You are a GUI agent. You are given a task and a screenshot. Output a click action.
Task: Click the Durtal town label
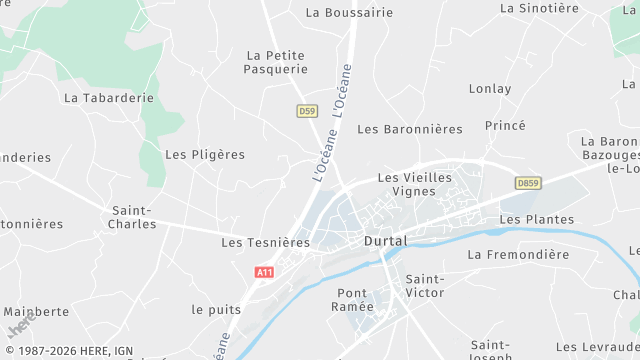tap(385, 242)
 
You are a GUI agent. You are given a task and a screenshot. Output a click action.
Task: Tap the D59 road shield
tap(307, 111)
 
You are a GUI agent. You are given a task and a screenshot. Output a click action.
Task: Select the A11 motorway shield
tap(264, 272)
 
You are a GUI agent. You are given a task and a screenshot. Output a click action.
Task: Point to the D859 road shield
tap(528, 183)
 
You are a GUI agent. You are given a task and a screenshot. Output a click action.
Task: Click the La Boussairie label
tap(349, 13)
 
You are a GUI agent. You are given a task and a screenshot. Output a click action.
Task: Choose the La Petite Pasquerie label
tap(276, 62)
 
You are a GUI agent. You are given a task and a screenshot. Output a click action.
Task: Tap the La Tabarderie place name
tap(109, 98)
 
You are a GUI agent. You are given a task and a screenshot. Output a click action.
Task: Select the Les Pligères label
tap(205, 155)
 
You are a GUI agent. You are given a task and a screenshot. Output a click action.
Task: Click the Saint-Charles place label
tap(133, 217)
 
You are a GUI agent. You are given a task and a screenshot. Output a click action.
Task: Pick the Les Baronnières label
tap(410, 129)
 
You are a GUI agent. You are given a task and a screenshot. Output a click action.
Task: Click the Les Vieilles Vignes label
tap(415, 184)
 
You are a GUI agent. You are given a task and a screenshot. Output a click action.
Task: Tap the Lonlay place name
tap(489, 88)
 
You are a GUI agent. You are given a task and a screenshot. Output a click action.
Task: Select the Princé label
tap(505, 125)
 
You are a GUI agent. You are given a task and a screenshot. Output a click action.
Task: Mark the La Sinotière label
tap(539, 8)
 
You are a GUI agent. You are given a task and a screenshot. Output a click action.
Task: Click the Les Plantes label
tap(537, 219)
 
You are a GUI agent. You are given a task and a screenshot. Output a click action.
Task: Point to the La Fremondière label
tap(518, 254)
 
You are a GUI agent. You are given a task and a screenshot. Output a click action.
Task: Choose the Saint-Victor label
tap(425, 285)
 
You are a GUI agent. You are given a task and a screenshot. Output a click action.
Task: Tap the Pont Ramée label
tap(355, 299)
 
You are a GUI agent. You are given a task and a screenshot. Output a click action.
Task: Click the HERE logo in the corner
tap(18, 327)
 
